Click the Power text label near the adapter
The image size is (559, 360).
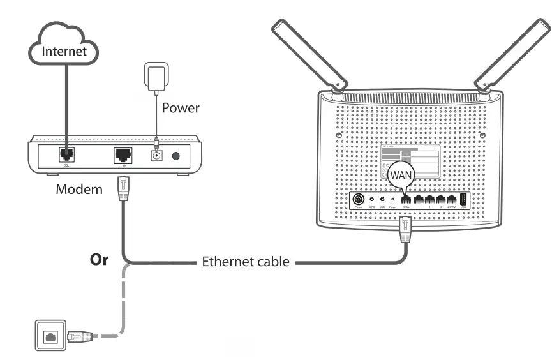pos(180,108)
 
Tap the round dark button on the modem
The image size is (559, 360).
pos(179,155)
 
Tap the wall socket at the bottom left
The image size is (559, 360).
pos(47,336)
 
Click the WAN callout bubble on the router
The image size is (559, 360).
pos(402,174)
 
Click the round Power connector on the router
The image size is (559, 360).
pos(359,199)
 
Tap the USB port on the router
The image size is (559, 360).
pos(464,199)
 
